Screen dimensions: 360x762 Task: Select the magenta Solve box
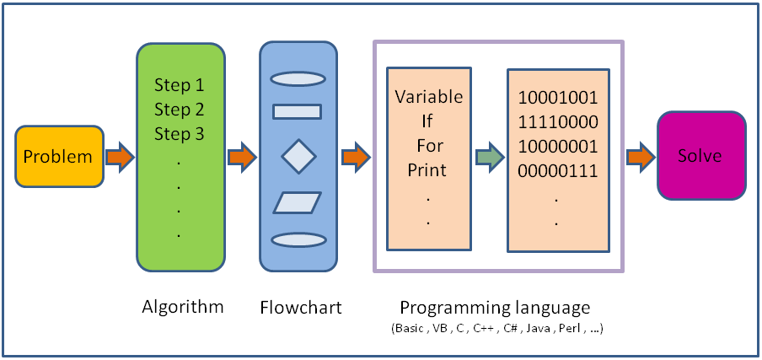(x=700, y=156)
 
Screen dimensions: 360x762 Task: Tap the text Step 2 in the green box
(x=179, y=110)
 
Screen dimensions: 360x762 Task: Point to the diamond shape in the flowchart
(x=298, y=156)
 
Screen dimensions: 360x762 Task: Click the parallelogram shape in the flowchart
(x=298, y=202)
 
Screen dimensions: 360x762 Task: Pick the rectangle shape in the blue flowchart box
(x=298, y=110)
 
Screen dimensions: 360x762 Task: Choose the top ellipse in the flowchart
(x=298, y=78)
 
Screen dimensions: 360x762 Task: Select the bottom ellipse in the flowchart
(x=298, y=240)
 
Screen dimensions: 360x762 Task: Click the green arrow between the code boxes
(x=488, y=157)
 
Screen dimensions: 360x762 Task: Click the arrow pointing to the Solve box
(x=641, y=157)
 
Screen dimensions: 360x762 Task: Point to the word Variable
(x=429, y=96)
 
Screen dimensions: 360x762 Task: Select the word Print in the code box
(x=427, y=169)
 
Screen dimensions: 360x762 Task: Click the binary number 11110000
(x=558, y=121)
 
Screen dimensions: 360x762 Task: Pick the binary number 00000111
(x=558, y=171)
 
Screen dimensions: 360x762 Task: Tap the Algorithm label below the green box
(x=183, y=306)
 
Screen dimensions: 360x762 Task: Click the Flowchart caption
(x=301, y=308)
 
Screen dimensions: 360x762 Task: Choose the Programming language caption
(x=495, y=307)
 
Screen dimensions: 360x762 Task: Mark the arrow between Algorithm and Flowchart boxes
(x=242, y=157)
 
